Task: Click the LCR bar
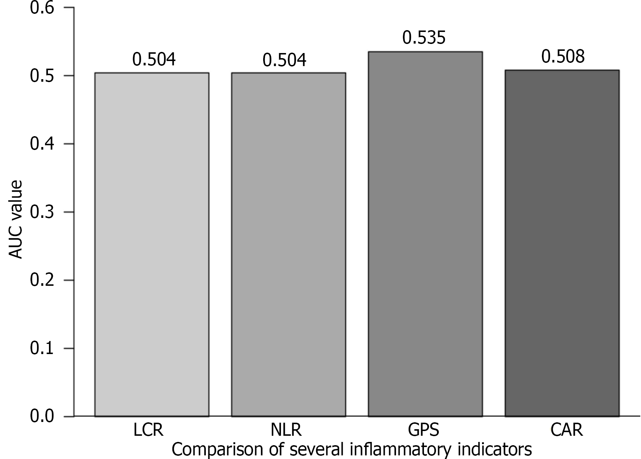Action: pyautogui.click(x=151, y=244)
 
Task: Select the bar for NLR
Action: pyautogui.click(x=289, y=244)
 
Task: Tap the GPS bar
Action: pyautogui.click(x=425, y=234)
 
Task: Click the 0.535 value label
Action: pyautogui.click(x=424, y=38)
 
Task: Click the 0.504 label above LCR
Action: pyautogui.click(x=154, y=60)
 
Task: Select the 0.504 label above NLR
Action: pyautogui.click(x=284, y=60)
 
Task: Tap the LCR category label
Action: pyautogui.click(x=148, y=430)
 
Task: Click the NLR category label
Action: pyautogui.click(x=286, y=430)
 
